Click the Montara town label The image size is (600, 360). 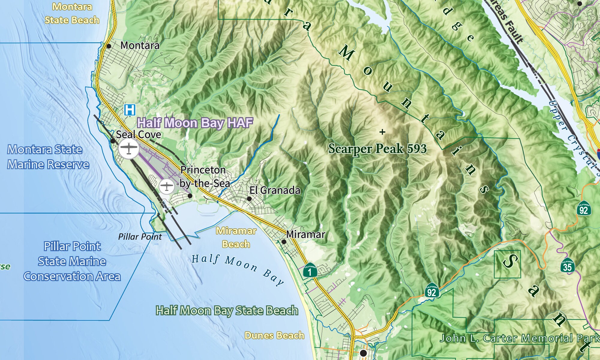tap(140, 46)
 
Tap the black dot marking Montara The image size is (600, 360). tap(109, 46)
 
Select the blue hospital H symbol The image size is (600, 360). tap(130, 110)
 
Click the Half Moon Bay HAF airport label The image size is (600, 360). tap(195, 123)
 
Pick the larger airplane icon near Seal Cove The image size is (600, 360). tap(129, 148)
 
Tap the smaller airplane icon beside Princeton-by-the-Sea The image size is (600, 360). tap(166, 186)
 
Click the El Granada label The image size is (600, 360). tap(275, 190)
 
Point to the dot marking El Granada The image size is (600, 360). tap(249, 199)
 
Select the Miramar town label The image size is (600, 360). tap(305, 234)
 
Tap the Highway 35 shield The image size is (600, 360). tap(567, 265)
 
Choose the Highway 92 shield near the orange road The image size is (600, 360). tap(431, 290)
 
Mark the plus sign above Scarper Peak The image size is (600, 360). tap(382, 132)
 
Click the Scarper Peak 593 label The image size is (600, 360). tap(377, 149)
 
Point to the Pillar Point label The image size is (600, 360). tap(140, 237)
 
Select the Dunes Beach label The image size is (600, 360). tap(274, 335)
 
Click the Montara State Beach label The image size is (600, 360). tap(72, 13)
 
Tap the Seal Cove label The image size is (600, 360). tap(138, 134)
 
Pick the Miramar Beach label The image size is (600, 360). tap(236, 237)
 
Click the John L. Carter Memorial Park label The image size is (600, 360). tap(519, 338)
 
